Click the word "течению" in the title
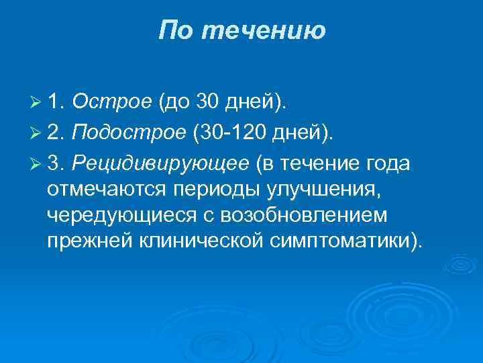(x=264, y=31)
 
